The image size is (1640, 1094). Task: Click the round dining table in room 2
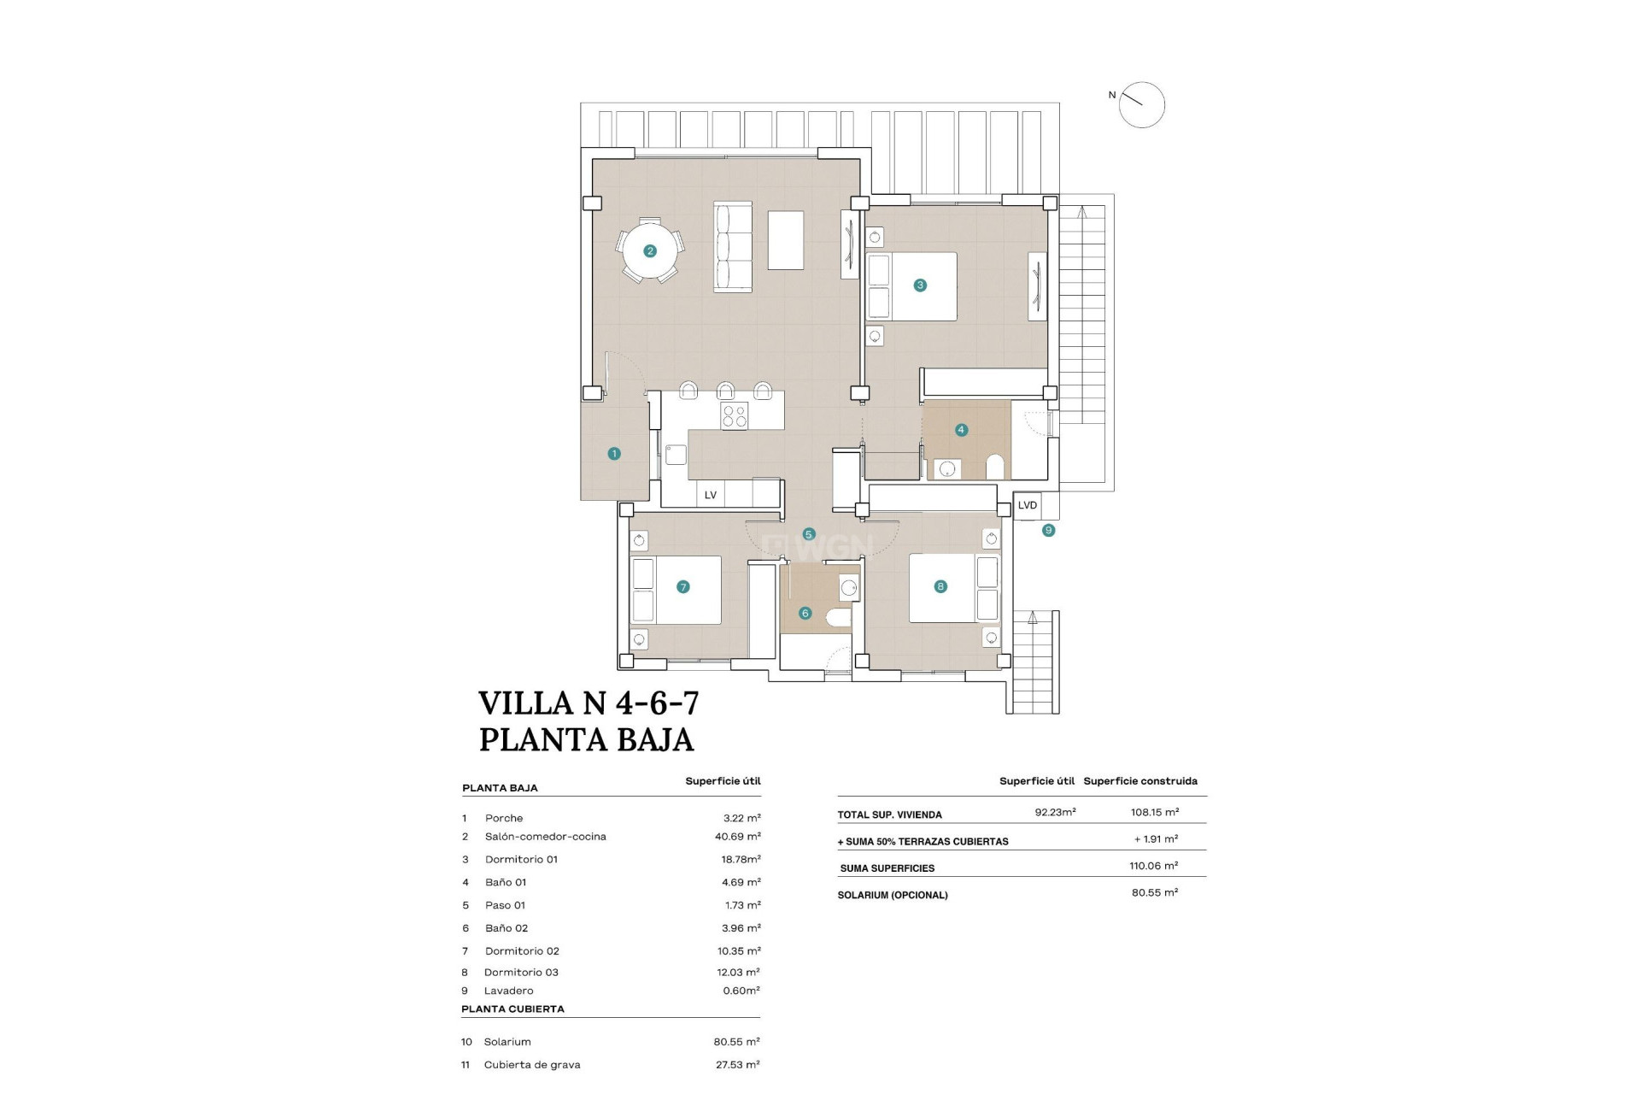(x=650, y=251)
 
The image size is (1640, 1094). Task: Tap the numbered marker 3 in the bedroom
(x=920, y=285)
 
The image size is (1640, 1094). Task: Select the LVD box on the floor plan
(x=1028, y=505)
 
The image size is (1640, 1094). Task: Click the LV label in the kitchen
(x=711, y=495)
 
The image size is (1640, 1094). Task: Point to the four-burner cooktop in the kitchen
(x=735, y=416)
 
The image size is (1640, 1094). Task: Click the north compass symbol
(x=1141, y=105)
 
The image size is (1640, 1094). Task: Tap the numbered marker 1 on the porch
(x=614, y=454)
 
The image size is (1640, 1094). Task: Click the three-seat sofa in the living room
(x=733, y=248)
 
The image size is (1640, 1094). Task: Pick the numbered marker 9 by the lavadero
(x=1049, y=531)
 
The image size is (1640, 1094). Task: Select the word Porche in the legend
(x=504, y=818)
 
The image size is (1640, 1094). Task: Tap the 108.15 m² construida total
(x=1155, y=812)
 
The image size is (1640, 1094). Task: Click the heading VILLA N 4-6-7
(x=589, y=703)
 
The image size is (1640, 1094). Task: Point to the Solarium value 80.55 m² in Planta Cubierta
(x=736, y=1042)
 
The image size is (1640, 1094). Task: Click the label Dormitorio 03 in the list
(x=521, y=973)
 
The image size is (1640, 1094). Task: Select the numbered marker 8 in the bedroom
(x=940, y=586)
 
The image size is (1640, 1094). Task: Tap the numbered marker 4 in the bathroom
(x=962, y=430)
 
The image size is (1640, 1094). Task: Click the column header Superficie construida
(x=1140, y=781)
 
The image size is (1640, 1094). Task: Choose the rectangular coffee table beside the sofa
(x=785, y=240)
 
